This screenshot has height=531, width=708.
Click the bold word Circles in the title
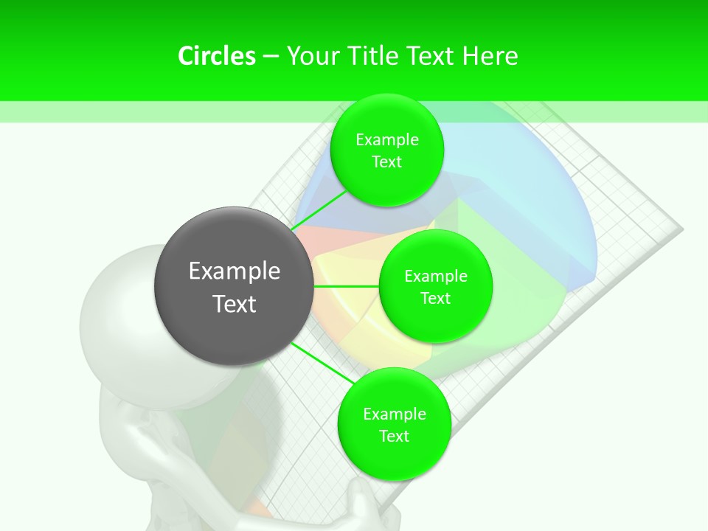click(217, 56)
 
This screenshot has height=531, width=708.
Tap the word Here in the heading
click(490, 56)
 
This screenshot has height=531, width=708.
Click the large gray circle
click(234, 286)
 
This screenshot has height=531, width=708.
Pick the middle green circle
click(435, 286)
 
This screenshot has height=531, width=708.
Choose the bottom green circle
click(394, 424)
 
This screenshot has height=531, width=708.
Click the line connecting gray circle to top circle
click(319, 212)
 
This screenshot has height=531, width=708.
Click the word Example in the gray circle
click(235, 271)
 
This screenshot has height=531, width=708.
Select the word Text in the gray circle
click(235, 304)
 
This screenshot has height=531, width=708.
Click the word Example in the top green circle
click(387, 140)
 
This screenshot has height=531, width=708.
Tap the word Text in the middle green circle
click(435, 299)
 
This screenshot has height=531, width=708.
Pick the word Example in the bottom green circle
click(395, 414)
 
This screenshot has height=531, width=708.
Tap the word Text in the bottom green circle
click(395, 437)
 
